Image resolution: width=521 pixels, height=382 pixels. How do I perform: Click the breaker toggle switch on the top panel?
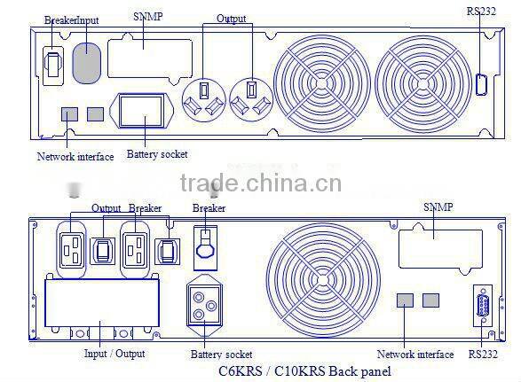(53, 66)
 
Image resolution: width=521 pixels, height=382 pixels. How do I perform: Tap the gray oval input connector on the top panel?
(86, 62)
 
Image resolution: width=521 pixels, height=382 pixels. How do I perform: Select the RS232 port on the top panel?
(481, 84)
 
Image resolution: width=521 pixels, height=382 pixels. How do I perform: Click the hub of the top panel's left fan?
(321, 83)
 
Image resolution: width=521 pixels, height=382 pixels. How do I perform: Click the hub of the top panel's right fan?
(422, 84)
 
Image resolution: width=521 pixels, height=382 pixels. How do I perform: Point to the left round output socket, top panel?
(203, 99)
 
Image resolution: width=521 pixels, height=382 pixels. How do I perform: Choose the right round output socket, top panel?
(251, 99)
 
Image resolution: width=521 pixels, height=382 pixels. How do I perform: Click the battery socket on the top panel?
(141, 111)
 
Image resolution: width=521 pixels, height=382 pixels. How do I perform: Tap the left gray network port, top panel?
(70, 114)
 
